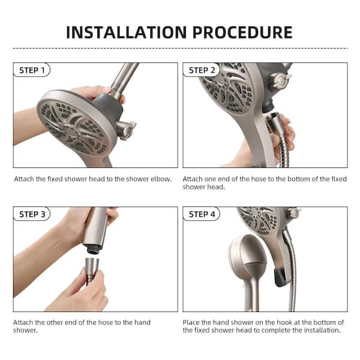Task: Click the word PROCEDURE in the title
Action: coord(243,32)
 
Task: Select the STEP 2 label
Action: coord(202,70)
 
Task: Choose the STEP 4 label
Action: coord(202,214)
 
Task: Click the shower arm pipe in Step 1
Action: coord(125,78)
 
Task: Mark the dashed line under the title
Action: coord(180,48)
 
